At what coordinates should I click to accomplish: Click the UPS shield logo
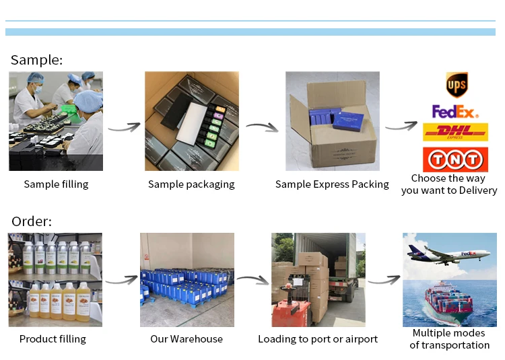tap(457, 85)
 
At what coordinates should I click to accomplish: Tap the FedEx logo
tap(454, 111)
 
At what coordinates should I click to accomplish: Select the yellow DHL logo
tap(455, 133)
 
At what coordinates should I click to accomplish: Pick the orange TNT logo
tap(455, 159)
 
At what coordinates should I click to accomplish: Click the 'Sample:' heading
tap(37, 60)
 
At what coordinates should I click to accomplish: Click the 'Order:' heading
tap(32, 221)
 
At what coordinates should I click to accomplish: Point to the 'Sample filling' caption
tap(56, 184)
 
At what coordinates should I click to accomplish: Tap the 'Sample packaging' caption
tap(191, 184)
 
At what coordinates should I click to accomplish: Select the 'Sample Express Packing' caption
tap(332, 184)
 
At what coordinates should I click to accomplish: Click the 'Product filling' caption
tap(53, 338)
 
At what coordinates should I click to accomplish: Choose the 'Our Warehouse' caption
tap(187, 338)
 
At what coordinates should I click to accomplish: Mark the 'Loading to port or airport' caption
tap(318, 338)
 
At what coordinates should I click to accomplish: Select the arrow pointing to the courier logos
tap(401, 125)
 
